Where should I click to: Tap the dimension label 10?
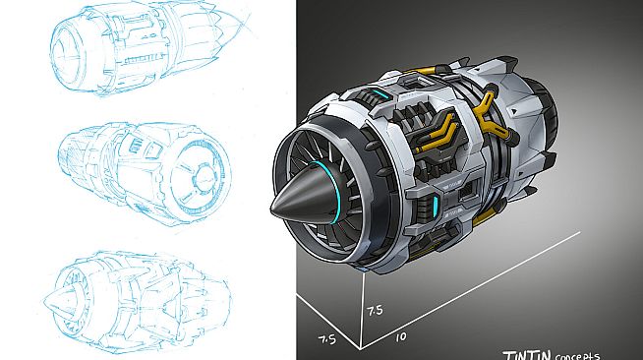pyautogui.click(x=400, y=336)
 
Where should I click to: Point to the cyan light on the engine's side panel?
pyautogui.click(x=431, y=205)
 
